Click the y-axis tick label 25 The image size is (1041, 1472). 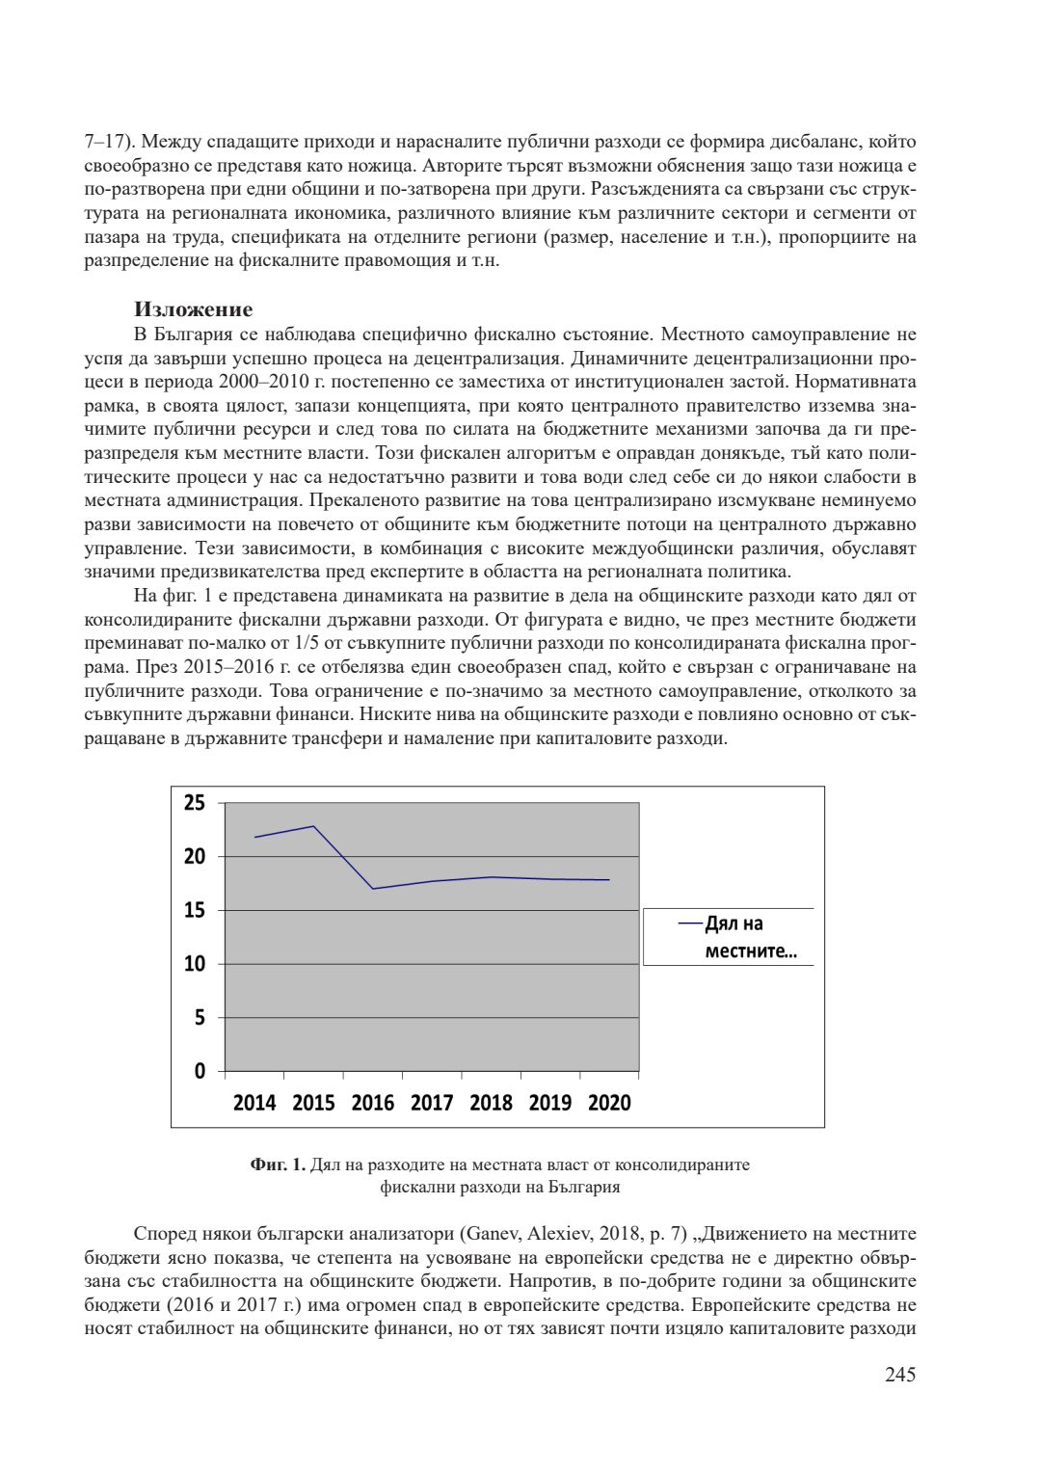[x=195, y=803]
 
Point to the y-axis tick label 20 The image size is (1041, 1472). [x=195, y=857]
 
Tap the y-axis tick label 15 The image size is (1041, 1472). [x=195, y=910]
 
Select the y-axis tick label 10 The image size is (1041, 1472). [x=195, y=964]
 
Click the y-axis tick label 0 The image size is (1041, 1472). [x=200, y=1071]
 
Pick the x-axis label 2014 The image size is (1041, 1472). [x=254, y=1103]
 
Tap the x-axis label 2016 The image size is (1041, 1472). [x=373, y=1103]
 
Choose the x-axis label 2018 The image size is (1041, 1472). [x=491, y=1103]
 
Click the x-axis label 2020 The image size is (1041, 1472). [x=609, y=1103]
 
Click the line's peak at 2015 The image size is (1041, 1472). [x=313, y=826]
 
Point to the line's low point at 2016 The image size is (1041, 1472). [x=373, y=889]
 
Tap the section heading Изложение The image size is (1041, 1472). [x=194, y=309]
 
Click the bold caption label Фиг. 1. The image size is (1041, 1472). [x=278, y=1164]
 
